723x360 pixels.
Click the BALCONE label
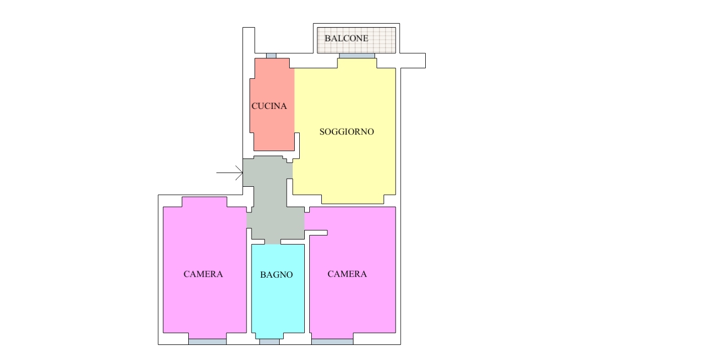point(346,39)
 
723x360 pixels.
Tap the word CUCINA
point(269,106)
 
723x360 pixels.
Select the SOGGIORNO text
point(346,132)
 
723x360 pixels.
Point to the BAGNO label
point(276,275)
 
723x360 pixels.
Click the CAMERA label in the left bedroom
point(203,274)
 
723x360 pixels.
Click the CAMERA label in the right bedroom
point(347,274)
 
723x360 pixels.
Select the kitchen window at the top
point(271,56)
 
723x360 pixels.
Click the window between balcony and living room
point(357,56)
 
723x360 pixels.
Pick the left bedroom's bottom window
point(207,342)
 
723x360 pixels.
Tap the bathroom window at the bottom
point(269,342)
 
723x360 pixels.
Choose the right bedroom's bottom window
point(332,342)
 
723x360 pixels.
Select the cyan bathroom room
point(278,291)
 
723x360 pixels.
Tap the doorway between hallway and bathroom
point(273,242)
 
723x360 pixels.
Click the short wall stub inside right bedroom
point(316,233)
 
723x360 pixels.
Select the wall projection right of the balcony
point(413,61)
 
